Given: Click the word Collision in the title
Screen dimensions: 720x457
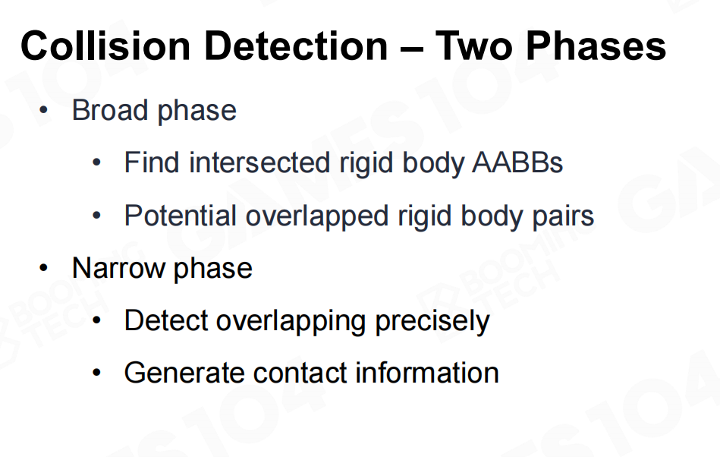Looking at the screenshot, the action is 105,46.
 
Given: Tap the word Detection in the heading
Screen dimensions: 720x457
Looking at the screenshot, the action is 296,46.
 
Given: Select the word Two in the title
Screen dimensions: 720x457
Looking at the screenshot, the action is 473,46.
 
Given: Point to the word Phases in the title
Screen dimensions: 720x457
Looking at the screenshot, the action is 596,46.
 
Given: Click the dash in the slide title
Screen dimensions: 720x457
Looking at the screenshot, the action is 411,48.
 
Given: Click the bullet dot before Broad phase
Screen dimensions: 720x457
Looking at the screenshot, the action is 43,110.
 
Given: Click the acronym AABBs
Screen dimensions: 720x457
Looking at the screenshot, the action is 517,162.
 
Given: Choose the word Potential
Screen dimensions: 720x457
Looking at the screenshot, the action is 181,216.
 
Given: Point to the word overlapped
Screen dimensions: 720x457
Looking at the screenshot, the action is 317,216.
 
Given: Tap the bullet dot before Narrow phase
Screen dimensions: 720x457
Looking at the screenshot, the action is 43,268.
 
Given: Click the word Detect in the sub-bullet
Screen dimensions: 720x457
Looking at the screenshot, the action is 165,320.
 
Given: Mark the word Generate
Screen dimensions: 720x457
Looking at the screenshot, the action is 184,373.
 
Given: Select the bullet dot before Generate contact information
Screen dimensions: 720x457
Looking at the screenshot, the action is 96,373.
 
